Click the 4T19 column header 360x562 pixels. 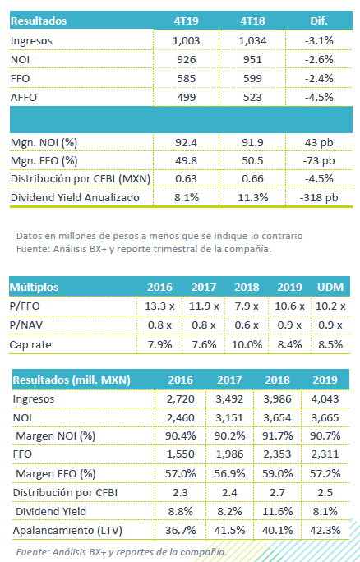tap(186, 21)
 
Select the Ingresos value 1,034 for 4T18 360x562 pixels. tap(252, 41)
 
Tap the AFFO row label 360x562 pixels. tap(24, 98)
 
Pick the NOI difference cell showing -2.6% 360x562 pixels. tap(319, 59)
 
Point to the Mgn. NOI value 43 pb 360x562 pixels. tap(319, 143)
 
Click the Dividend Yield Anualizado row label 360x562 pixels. tap(75, 197)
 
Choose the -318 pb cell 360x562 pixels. tap(319, 197)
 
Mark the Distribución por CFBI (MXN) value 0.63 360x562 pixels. tap(186, 178)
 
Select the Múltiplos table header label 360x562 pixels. tap(34, 287)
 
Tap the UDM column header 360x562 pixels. tap(330, 287)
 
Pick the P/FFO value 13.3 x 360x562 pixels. tap(159, 306)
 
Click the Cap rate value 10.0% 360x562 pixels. tap(247, 345)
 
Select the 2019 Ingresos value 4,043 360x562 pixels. tap(325, 399)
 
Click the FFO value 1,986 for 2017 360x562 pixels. tap(229, 454)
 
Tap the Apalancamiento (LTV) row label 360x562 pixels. tap(67, 531)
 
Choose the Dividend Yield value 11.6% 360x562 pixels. tap(277, 511)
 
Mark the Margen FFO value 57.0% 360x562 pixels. tap(180, 473)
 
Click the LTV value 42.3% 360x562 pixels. tap(325, 531)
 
